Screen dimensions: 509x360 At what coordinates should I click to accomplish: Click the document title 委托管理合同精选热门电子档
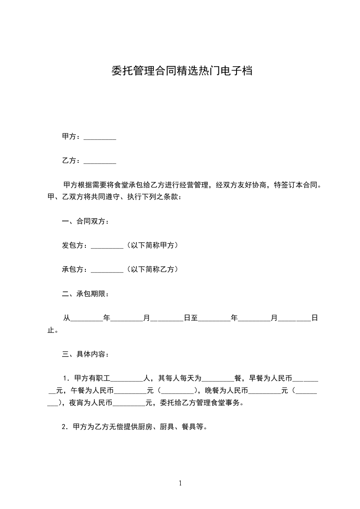[182, 71]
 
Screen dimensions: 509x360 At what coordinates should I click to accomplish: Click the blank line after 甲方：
[100, 137]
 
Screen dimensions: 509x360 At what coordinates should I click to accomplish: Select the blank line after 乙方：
[100, 161]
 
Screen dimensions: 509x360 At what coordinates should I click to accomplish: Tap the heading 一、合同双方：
[85, 222]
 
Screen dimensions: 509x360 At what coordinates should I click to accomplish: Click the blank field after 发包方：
[107, 246]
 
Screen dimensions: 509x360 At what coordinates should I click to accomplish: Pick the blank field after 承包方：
[107, 269]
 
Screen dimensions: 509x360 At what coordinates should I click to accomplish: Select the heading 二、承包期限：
[85, 294]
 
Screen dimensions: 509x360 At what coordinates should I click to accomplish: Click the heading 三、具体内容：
[85, 354]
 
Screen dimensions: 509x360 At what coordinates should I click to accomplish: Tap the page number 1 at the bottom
[180, 483]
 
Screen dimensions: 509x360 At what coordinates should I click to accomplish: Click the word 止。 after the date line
[53, 330]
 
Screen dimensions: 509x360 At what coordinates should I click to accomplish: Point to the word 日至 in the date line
[191, 318]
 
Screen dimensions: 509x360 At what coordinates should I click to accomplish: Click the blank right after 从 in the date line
[87, 319]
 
